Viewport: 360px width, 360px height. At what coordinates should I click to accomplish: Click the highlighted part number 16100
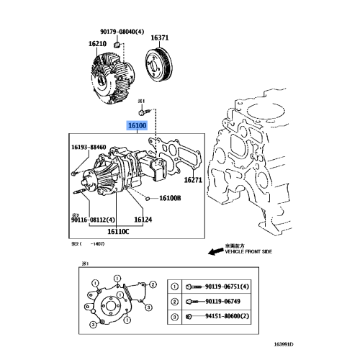(x=138, y=126)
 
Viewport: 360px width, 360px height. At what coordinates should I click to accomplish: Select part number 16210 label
(x=98, y=43)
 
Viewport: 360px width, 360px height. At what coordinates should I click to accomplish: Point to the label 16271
(x=193, y=180)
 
